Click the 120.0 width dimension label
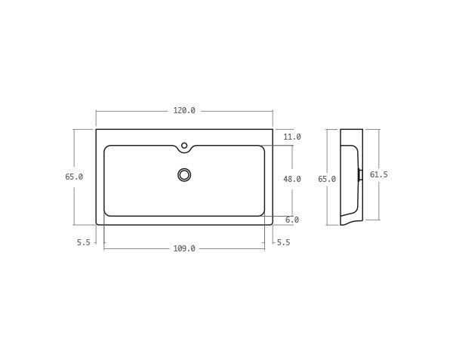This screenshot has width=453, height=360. click(184, 111)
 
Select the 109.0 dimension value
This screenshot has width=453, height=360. click(184, 248)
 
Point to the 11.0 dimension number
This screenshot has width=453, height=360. click(292, 137)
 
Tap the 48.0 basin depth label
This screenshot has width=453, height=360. click(292, 180)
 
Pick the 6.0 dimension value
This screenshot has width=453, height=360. click(292, 220)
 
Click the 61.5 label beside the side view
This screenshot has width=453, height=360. click(379, 175)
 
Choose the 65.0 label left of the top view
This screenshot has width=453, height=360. click(74, 177)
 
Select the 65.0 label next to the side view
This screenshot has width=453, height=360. click(327, 180)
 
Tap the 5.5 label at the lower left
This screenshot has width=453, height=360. click(83, 242)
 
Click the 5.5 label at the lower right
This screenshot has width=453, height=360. click(283, 242)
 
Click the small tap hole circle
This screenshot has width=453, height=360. click(184, 146)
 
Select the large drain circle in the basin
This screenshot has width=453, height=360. click(184, 175)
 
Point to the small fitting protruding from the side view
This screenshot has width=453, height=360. click(360, 175)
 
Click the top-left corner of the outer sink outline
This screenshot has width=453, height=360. click(97, 130)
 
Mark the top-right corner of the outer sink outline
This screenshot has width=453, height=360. click(273, 130)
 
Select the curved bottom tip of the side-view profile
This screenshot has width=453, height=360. click(343, 223)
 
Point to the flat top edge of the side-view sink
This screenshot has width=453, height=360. click(351, 130)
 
